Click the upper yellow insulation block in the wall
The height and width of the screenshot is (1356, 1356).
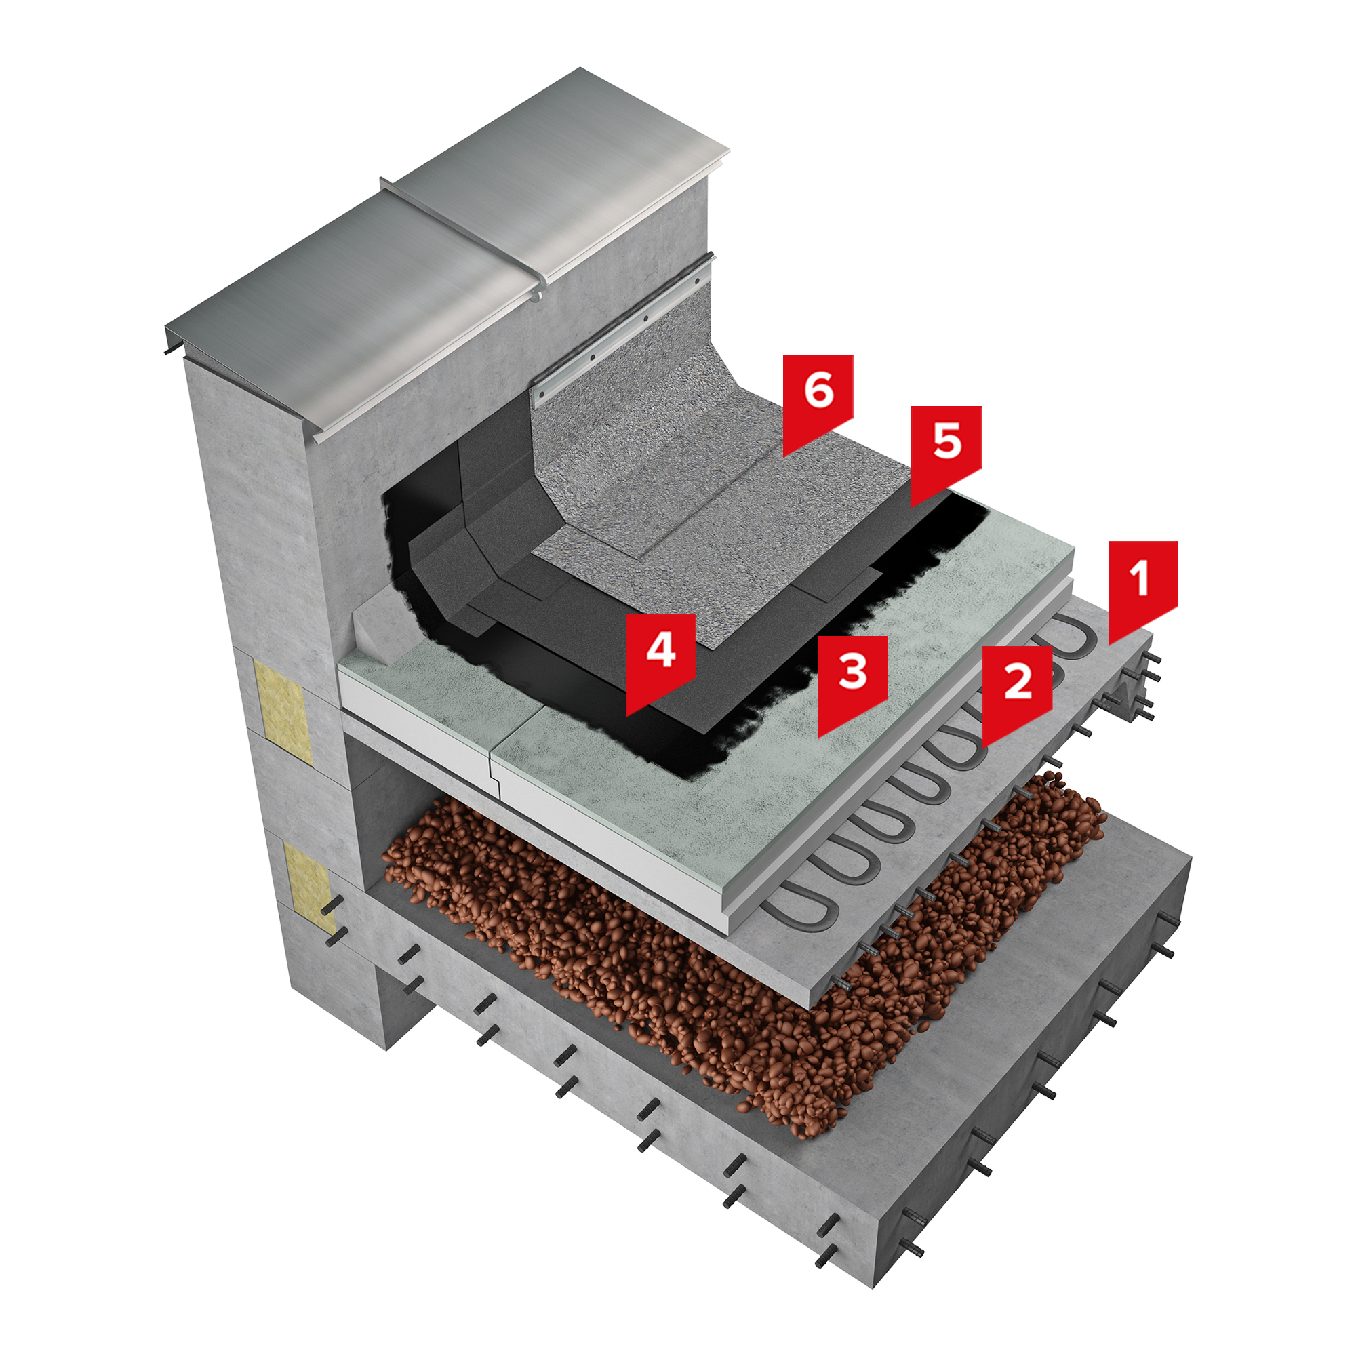pyautogui.click(x=283, y=706)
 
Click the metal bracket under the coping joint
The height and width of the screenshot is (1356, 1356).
pyautogui.click(x=537, y=293)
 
